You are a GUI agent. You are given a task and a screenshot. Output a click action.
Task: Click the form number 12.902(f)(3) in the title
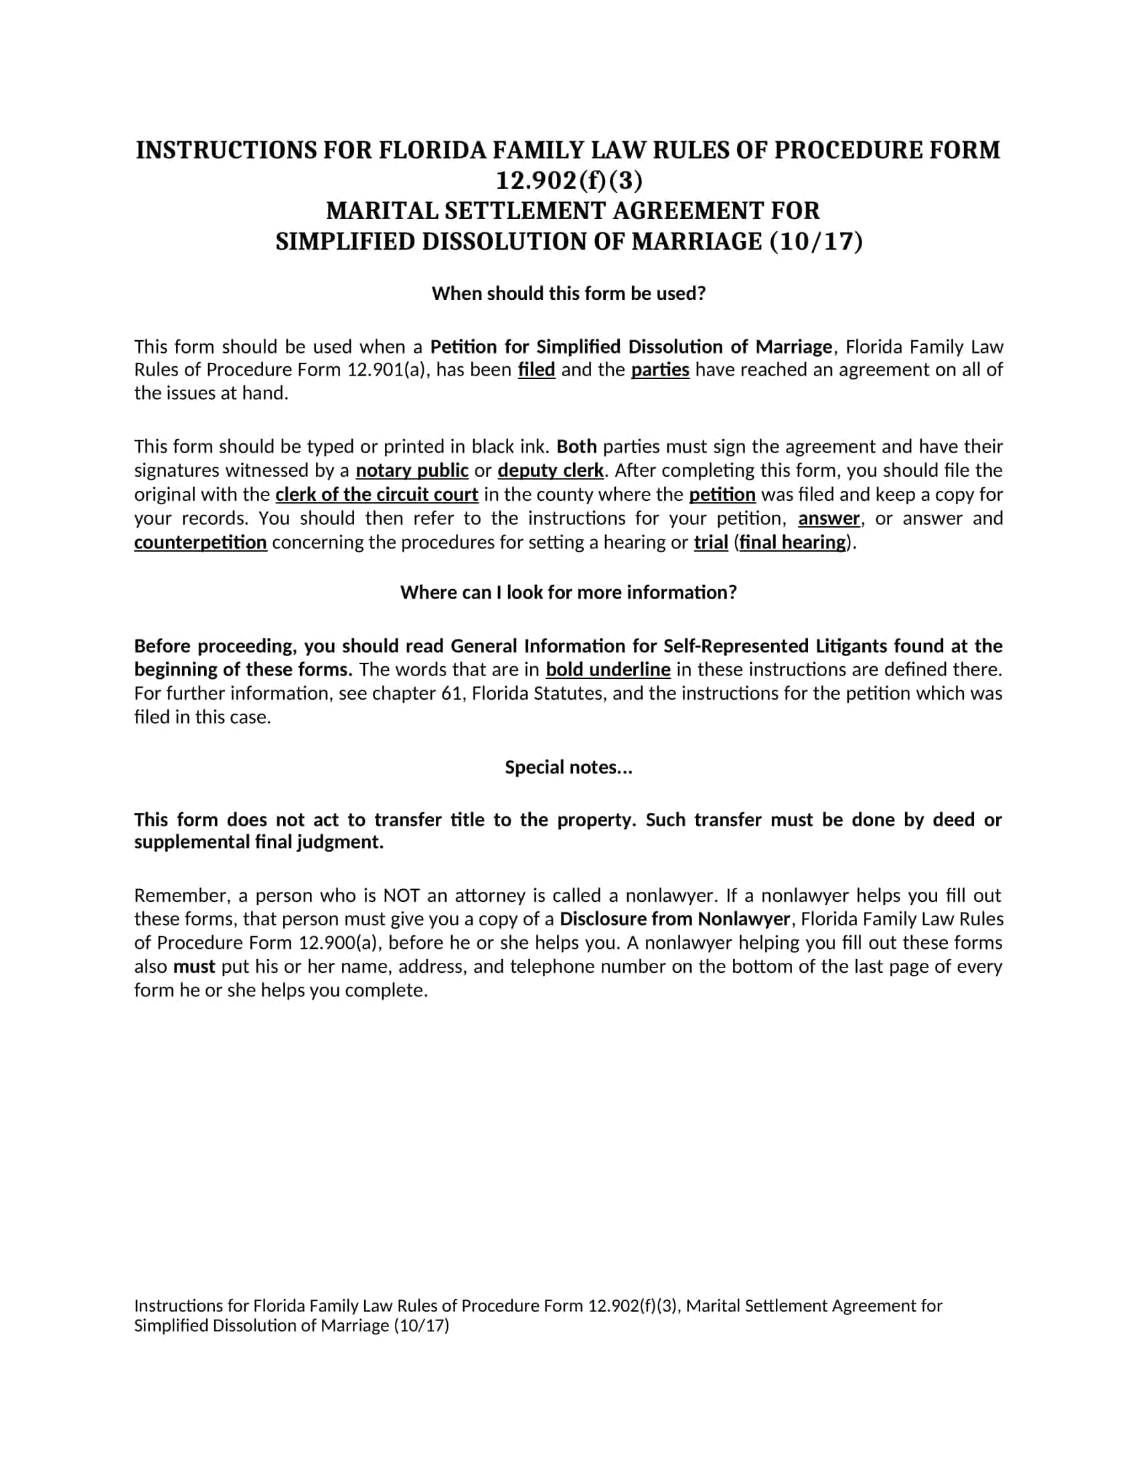point(569,181)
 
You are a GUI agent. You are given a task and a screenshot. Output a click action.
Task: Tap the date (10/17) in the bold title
point(816,242)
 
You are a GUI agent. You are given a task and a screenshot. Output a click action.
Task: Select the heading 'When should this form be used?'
point(568,293)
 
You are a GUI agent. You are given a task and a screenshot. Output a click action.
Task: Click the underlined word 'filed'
point(536,370)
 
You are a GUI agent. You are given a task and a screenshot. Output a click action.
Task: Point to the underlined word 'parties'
point(660,370)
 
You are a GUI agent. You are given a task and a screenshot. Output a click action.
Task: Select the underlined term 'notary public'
point(412,470)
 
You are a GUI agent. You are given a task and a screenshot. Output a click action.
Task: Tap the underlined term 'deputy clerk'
point(550,470)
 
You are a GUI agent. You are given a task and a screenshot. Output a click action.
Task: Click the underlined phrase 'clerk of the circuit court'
point(377,494)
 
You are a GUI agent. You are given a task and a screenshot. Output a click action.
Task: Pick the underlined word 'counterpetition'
point(200,542)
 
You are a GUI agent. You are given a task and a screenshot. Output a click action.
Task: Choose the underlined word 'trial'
point(710,542)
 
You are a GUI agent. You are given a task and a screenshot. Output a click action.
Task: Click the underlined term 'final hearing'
point(792,542)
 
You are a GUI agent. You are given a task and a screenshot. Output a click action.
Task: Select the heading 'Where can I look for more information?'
point(568,592)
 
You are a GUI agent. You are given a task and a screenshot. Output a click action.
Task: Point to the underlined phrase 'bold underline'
point(607,669)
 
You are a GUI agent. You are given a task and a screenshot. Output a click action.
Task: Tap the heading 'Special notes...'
point(568,767)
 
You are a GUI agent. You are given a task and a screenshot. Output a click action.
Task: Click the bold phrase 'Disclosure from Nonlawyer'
point(674,919)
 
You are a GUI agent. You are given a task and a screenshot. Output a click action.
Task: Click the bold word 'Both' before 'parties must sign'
point(577,447)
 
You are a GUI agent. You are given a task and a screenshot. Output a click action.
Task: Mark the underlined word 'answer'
point(829,518)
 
